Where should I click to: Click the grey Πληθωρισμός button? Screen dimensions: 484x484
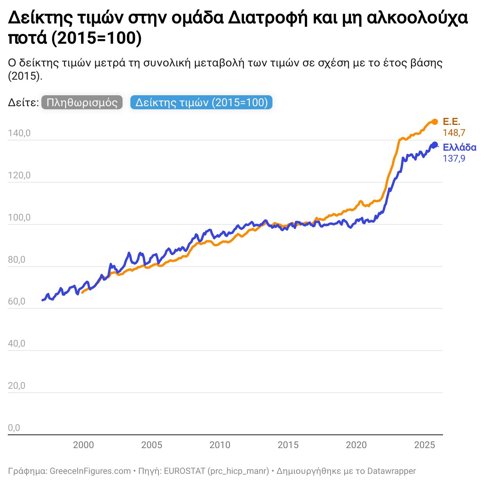click(x=82, y=103)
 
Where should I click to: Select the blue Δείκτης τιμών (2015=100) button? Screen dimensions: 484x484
click(x=201, y=103)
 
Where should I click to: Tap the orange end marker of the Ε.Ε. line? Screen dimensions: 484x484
click(x=435, y=122)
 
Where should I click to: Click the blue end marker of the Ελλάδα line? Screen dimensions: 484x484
click(x=434, y=145)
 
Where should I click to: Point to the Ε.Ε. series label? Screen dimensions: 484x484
click(x=452, y=122)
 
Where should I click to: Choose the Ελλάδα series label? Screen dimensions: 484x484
click(x=459, y=148)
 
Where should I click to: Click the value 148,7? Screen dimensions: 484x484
click(x=454, y=133)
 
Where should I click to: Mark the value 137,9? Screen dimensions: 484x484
click(x=454, y=158)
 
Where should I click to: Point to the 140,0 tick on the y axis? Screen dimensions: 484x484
click(x=19, y=133)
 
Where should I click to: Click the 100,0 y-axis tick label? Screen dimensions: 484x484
click(x=19, y=217)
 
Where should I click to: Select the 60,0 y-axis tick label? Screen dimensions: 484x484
click(x=16, y=301)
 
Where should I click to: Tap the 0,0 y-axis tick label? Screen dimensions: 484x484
click(x=14, y=428)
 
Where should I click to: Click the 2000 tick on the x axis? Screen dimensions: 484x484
click(x=84, y=445)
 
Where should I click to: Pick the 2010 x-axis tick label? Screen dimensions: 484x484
click(x=220, y=445)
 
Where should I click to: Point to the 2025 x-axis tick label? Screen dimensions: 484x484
click(x=424, y=445)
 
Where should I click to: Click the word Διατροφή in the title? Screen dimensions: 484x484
click(x=268, y=18)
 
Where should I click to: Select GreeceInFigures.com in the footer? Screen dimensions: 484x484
click(x=90, y=471)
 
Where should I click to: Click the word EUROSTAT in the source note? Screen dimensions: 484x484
click(x=184, y=471)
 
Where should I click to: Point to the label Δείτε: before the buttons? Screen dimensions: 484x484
click(x=23, y=103)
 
